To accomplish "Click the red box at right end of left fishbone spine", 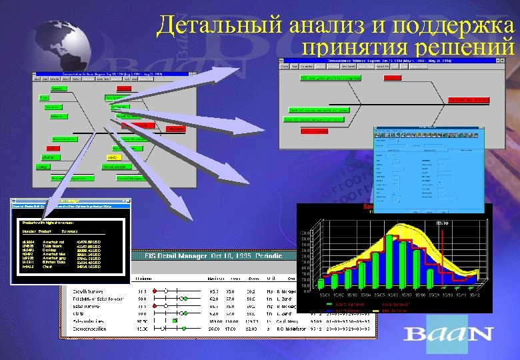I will (x=176, y=128).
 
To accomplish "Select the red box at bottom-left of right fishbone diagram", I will (x=314, y=131).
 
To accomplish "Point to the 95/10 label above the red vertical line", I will (x=441, y=223).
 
